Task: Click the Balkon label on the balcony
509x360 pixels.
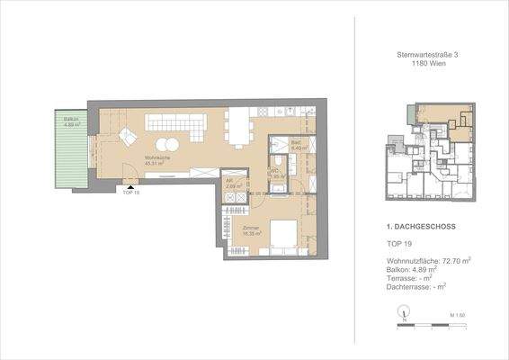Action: (69, 122)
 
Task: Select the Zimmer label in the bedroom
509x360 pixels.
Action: (251, 230)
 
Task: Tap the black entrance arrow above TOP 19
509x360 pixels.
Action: (131, 185)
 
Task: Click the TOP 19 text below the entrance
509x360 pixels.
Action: (131, 194)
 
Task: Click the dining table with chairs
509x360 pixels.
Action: (239, 129)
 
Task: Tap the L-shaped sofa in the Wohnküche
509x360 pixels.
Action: (176, 125)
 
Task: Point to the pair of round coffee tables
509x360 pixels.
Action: (167, 146)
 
